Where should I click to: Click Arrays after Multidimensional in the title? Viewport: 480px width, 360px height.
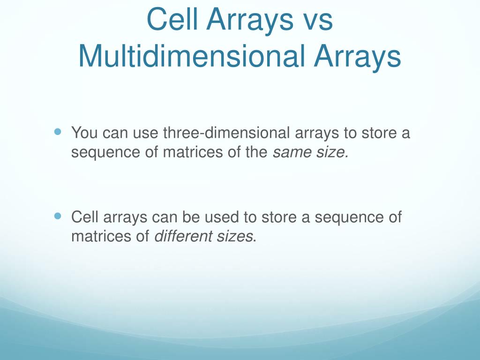point(357,56)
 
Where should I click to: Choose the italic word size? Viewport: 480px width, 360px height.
point(332,152)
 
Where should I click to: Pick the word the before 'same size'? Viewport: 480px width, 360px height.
point(256,152)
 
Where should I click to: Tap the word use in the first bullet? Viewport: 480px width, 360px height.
point(145,133)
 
